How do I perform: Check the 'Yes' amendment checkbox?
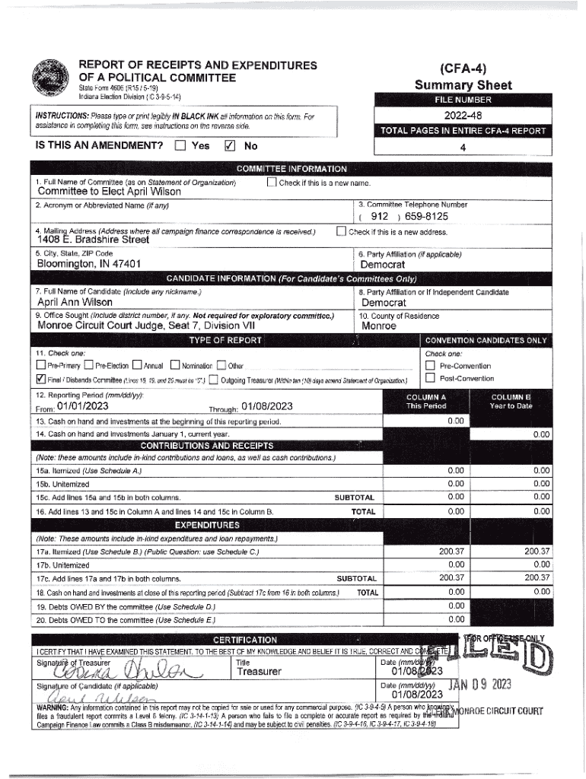(x=180, y=145)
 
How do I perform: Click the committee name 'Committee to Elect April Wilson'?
(x=110, y=192)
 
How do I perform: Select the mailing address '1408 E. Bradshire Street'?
(x=94, y=240)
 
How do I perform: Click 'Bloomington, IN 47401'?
(x=89, y=264)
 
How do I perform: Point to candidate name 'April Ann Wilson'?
(x=75, y=302)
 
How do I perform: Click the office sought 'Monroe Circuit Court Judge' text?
(x=146, y=326)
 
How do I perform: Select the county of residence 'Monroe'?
(x=379, y=326)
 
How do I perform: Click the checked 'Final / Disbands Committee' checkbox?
(x=41, y=380)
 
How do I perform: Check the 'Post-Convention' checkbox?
(x=431, y=378)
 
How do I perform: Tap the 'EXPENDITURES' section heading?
(x=208, y=525)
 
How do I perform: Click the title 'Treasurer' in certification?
(x=260, y=672)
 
